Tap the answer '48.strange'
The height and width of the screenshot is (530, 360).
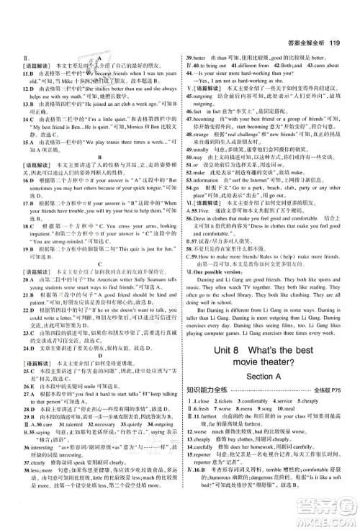pos(198,155)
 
